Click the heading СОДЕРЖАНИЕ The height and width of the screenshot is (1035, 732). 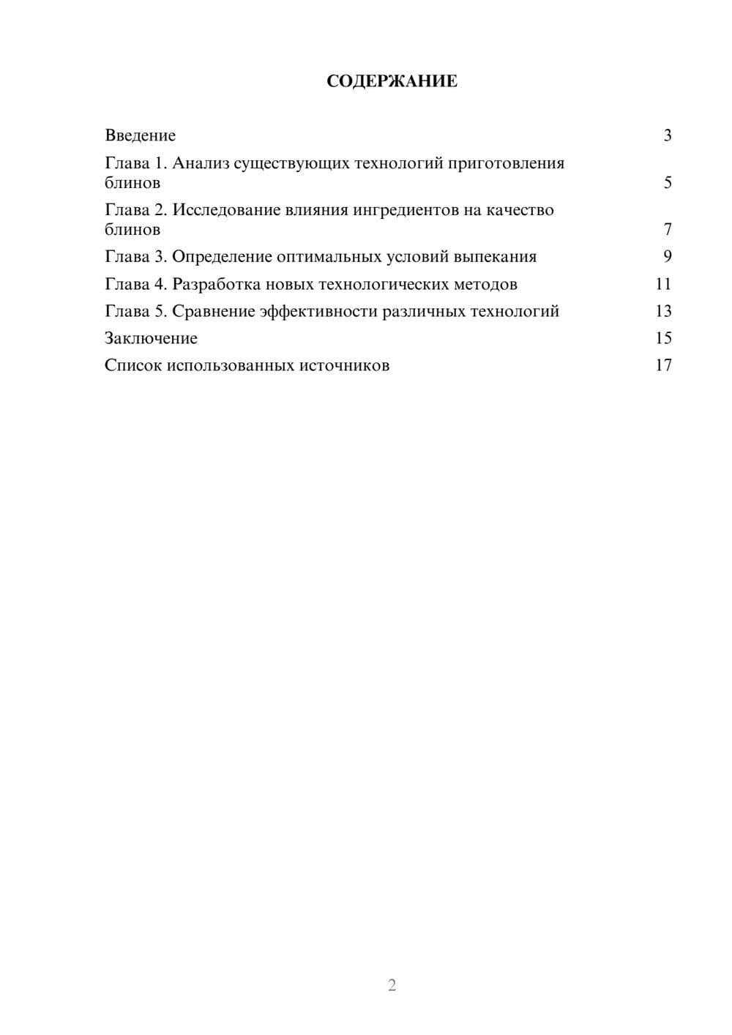coord(392,81)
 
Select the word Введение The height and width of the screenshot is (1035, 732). coord(140,135)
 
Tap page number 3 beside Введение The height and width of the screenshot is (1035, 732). coord(667,135)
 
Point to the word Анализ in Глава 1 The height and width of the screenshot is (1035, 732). coord(200,163)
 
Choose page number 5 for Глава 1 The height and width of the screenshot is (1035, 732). coord(667,182)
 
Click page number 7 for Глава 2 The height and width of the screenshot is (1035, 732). coord(667,229)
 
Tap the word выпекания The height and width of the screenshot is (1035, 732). coord(495,257)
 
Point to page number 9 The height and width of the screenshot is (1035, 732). coord(667,256)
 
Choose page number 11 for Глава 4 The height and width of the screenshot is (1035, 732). coord(663,284)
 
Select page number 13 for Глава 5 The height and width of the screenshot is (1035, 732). coord(663,311)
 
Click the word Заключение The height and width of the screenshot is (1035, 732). coord(151,338)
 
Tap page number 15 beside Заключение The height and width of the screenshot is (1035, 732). coord(663,338)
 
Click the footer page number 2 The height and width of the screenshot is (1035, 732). coord(392,985)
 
